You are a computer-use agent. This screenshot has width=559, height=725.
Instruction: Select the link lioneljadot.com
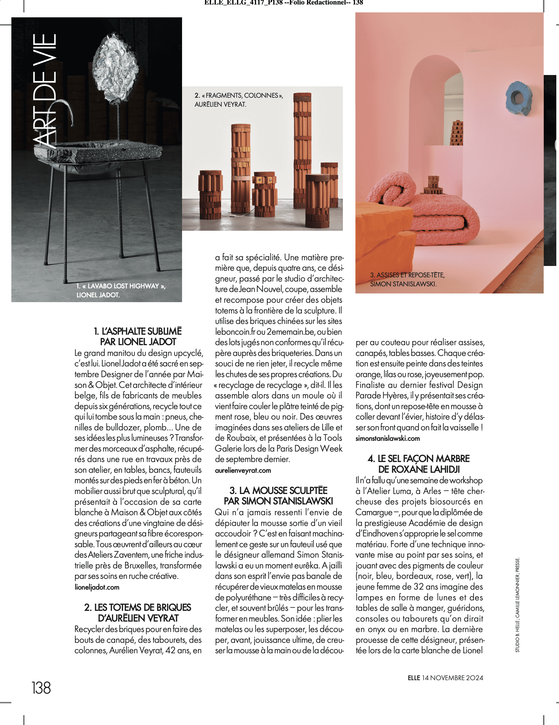tap(97, 587)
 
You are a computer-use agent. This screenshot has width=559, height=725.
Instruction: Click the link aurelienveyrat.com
tap(243, 470)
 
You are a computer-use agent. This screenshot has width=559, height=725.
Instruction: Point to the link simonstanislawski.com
tap(387, 438)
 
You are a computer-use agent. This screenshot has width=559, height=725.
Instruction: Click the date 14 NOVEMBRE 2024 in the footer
tap(452, 677)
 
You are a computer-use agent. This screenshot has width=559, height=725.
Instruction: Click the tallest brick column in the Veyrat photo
tap(302, 149)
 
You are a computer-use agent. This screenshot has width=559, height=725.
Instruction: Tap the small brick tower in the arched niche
tap(457, 133)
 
